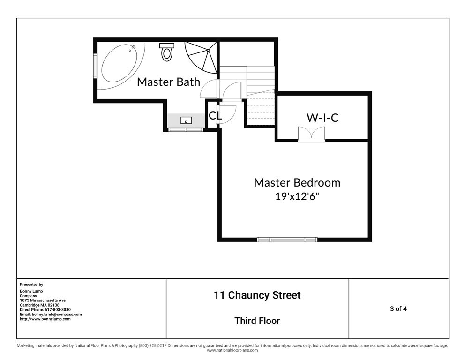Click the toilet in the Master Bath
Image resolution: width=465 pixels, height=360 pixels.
click(167, 52)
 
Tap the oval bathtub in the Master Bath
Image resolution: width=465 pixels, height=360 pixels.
click(120, 62)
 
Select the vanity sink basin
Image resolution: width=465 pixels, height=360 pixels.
click(186, 120)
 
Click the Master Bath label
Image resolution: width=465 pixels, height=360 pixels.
click(168, 82)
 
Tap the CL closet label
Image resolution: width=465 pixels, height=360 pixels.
click(215, 115)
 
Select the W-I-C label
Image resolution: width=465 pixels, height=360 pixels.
click(322, 118)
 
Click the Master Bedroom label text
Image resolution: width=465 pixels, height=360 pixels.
click(297, 182)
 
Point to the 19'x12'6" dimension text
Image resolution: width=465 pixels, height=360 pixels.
click(298, 196)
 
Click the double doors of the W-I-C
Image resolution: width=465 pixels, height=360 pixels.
click(311, 134)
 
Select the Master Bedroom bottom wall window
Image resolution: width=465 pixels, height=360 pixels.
click(287, 240)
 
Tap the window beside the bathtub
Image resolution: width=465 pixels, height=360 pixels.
click(95, 66)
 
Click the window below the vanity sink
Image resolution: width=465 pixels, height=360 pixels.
click(186, 129)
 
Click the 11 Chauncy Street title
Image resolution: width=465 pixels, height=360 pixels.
click(257, 295)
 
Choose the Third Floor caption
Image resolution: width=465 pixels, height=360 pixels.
click(257, 321)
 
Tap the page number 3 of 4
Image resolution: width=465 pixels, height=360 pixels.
click(398, 309)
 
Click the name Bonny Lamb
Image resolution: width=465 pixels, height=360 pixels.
click(31, 291)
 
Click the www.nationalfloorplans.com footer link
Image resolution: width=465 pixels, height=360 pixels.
click(232, 350)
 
